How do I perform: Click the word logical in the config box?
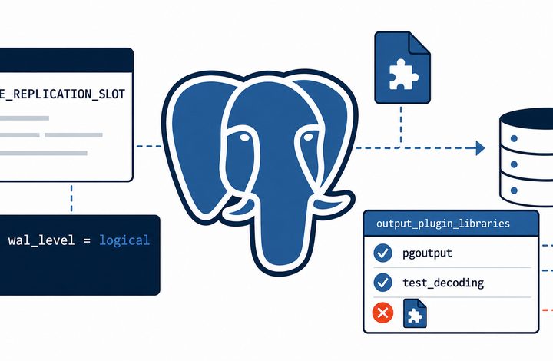click(x=124, y=240)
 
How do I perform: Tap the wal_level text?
click(x=41, y=240)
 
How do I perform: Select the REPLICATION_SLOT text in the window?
click(x=69, y=94)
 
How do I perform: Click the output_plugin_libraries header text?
click(x=443, y=224)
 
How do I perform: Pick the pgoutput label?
click(x=427, y=253)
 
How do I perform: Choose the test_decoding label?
click(x=443, y=283)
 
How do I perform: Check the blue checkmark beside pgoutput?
click(x=382, y=253)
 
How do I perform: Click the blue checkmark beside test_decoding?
click(x=382, y=283)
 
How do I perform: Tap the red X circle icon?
click(x=382, y=313)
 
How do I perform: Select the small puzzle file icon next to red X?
click(x=415, y=313)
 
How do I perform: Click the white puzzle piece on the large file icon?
click(x=403, y=74)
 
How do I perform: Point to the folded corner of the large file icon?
click(x=419, y=42)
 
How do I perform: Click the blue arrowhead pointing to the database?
click(x=480, y=147)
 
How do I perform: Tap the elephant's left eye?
click(x=243, y=137)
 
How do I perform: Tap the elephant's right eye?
click(x=308, y=137)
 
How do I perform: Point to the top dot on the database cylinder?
click(x=514, y=138)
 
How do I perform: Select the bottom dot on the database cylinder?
click(x=514, y=190)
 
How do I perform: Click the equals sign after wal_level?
click(x=87, y=240)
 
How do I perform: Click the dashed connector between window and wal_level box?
click(x=71, y=197)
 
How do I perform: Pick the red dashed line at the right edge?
click(x=547, y=310)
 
